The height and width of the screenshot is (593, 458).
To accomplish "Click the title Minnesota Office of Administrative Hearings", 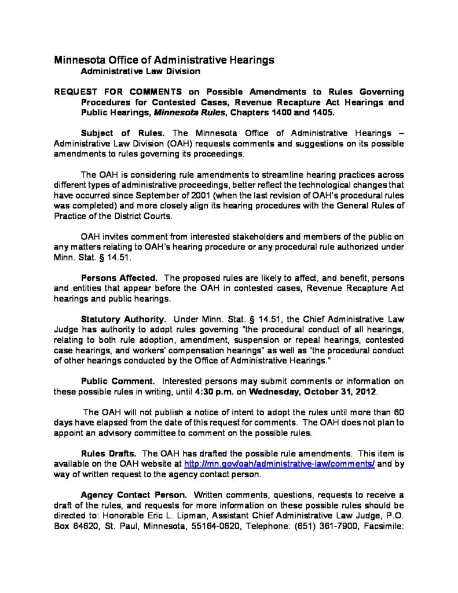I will (164, 61).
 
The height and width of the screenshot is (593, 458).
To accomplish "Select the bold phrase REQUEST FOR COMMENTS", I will (119, 92).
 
